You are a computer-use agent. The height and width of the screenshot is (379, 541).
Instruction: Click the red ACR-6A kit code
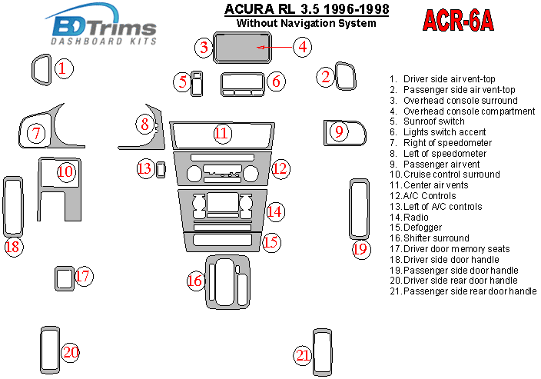(458, 21)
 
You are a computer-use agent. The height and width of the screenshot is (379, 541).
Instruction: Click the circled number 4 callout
(303, 47)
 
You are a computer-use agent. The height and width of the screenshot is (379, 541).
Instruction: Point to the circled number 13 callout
(144, 168)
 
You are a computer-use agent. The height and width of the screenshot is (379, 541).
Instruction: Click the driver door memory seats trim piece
(65, 278)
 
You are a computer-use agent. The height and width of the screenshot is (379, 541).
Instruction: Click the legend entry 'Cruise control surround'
(445, 175)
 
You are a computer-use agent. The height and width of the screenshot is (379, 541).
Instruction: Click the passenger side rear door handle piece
(322, 352)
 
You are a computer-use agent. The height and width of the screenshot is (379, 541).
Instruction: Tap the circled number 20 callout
(71, 352)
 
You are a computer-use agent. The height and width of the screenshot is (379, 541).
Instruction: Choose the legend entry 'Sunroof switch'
(427, 121)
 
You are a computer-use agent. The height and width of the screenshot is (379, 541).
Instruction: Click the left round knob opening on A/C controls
(194, 174)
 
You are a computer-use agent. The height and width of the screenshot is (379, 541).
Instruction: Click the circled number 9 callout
(339, 131)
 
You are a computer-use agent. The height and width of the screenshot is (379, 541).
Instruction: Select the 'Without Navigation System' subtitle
(307, 24)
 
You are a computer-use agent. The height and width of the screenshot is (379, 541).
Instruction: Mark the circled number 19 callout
(361, 249)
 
